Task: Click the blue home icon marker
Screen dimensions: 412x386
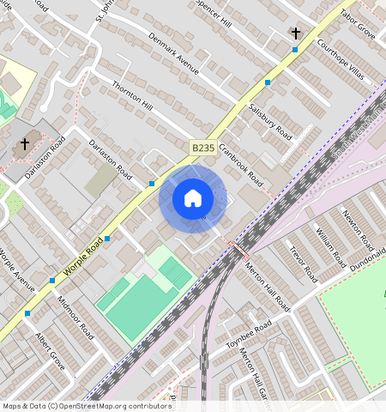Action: pyautogui.click(x=193, y=198)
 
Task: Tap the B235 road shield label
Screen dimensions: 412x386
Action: pyautogui.click(x=202, y=148)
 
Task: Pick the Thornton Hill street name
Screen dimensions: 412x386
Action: pyautogui.click(x=133, y=96)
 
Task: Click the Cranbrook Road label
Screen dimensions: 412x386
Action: pyautogui.click(x=240, y=165)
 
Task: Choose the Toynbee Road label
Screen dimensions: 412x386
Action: pyautogui.click(x=248, y=333)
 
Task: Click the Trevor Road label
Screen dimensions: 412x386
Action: pyautogui.click(x=303, y=264)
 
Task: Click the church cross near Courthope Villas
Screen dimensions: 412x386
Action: pyautogui.click(x=296, y=33)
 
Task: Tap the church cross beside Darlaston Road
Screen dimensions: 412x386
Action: pyautogui.click(x=25, y=143)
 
